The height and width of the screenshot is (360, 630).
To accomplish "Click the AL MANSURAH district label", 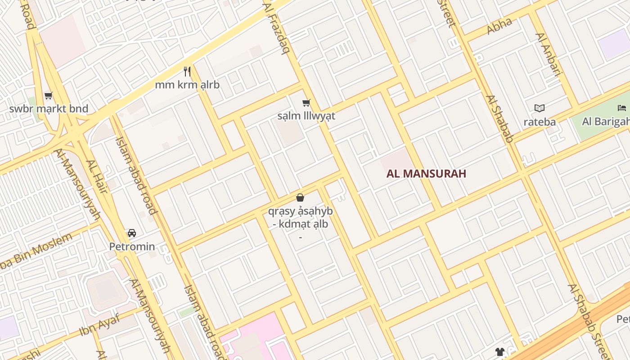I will pos(426,174).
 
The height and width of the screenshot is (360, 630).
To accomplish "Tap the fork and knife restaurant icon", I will pos(187,71).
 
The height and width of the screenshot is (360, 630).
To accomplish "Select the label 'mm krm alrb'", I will pos(187,85).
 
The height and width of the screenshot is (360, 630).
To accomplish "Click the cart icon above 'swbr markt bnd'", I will pos(49,95).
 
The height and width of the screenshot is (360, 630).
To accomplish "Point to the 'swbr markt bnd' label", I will pos(49,109).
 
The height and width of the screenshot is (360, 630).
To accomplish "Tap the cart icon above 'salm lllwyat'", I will pos(306,103).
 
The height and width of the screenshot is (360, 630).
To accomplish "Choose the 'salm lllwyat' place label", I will pos(306,116).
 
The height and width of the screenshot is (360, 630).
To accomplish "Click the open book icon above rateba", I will pos(540,108).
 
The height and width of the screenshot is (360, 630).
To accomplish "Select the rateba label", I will pos(540,122).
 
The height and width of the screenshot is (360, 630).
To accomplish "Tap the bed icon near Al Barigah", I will pos(622,108).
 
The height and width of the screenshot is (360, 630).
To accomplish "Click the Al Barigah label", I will pos(605,121).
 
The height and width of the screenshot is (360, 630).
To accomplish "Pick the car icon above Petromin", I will pos(132,233).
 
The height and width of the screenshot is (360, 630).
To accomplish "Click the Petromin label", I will pos(132,247).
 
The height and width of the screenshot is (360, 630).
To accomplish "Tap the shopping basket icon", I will pos(300,198).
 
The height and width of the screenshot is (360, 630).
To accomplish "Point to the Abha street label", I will pos(499,26).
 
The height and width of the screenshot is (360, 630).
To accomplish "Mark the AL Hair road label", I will pos(97,177).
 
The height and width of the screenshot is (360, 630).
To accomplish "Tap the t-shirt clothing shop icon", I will pos(499,351).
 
